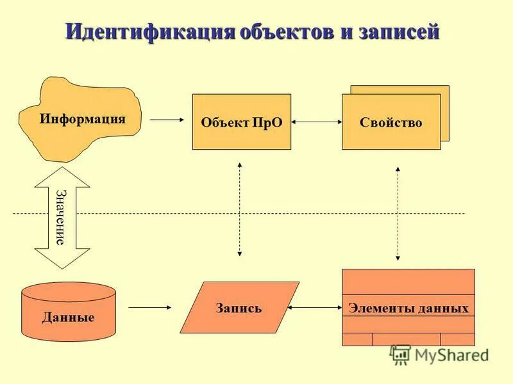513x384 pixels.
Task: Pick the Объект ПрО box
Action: coord(242,122)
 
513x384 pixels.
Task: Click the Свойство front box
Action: coord(391,122)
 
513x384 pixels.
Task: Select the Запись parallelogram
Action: coord(239,308)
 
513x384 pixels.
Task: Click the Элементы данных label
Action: coord(408,308)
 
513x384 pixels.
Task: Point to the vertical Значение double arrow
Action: coord(62,218)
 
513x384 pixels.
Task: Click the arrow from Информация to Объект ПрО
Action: coord(166,119)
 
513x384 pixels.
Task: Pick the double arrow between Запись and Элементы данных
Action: coord(316,308)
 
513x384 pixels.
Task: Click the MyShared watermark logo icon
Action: coord(401,354)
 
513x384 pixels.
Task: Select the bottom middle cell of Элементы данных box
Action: coord(406,339)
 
